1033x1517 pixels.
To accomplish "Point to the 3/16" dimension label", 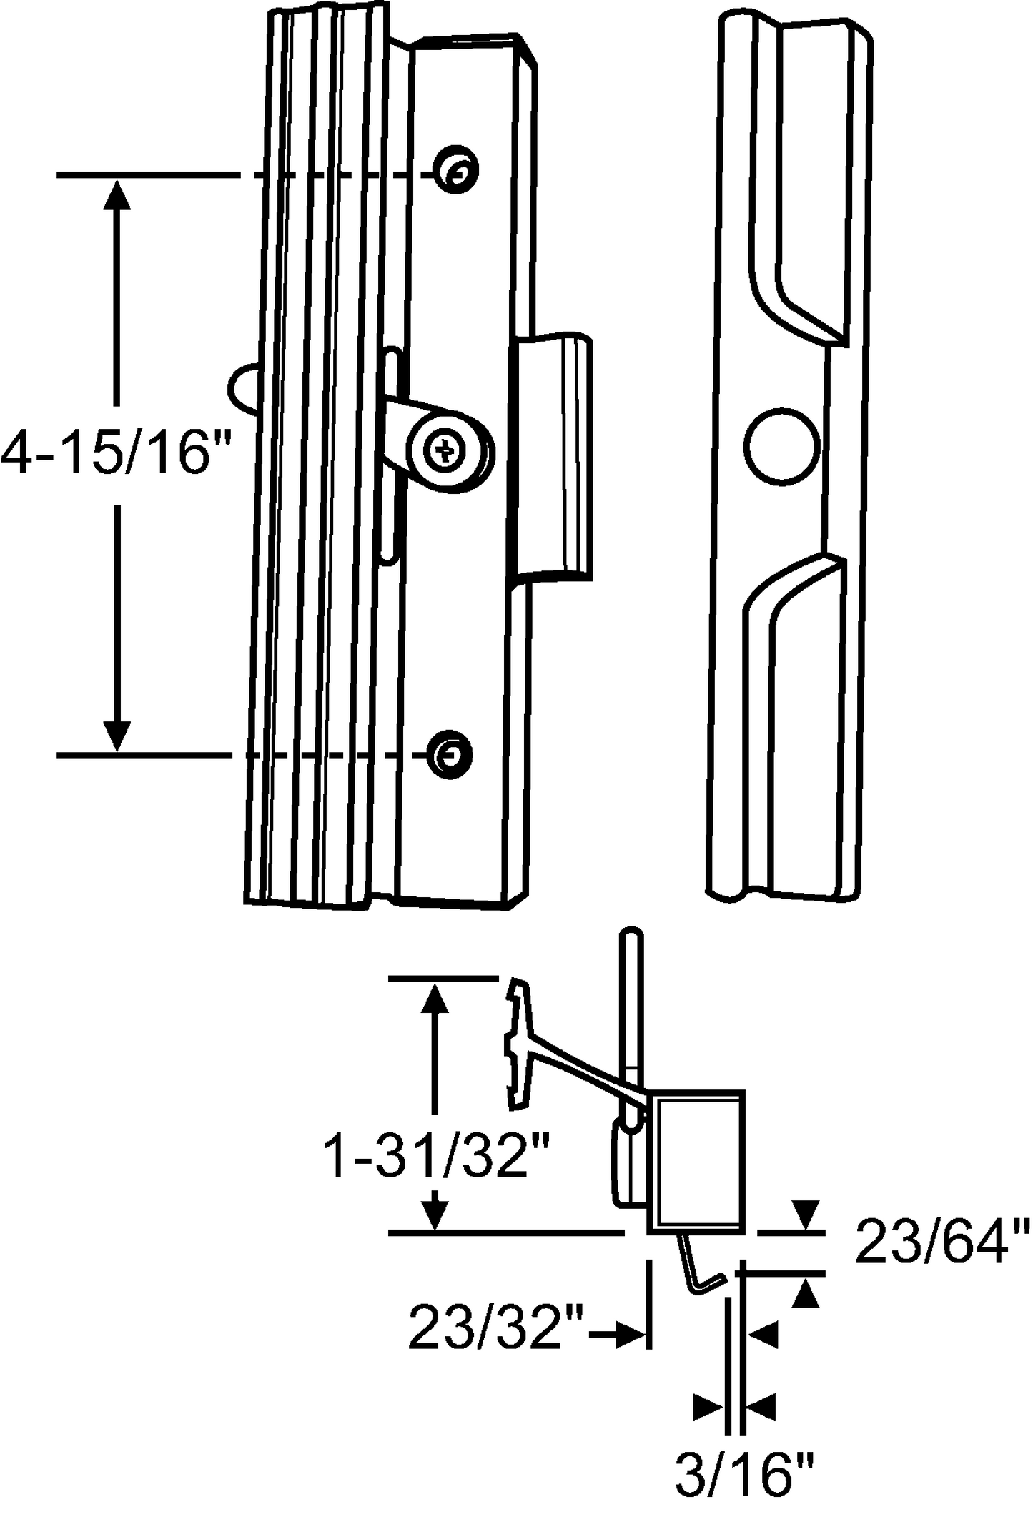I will click(746, 1491).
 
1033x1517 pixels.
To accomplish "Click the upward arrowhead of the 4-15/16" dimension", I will click(117, 195).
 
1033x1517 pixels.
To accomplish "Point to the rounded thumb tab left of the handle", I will click(243, 390).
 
